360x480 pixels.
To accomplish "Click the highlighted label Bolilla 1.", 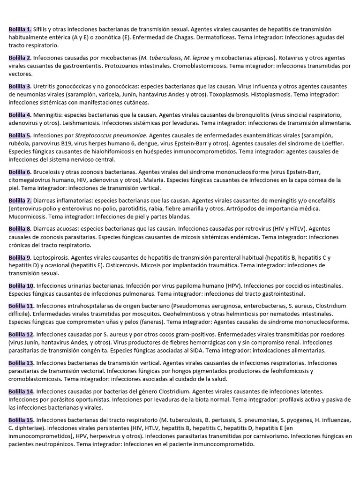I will click(x=20, y=29).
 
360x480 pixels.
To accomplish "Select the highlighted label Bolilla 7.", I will click(x=20, y=200).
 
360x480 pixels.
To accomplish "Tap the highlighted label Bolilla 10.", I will click(x=21, y=285).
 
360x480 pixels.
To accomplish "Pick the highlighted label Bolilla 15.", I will click(x=21, y=420).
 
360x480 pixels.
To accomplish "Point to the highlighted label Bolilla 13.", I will click(x=21, y=362).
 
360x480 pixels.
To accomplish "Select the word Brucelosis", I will click(x=51, y=172).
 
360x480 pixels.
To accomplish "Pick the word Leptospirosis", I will click(x=53, y=257).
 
